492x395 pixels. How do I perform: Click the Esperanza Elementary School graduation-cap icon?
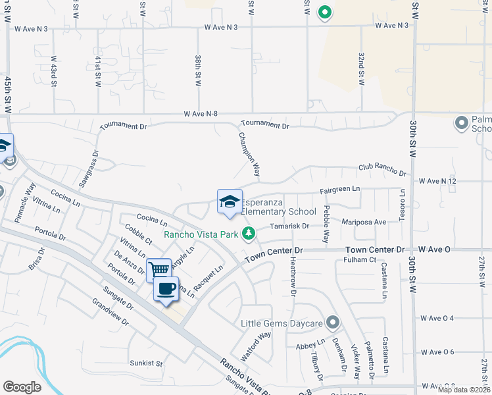(230, 201)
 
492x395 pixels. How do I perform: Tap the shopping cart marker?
(159, 270)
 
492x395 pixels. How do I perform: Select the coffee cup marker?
(166, 288)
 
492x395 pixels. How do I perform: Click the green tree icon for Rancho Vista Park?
(248, 234)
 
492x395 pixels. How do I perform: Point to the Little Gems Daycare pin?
(333, 323)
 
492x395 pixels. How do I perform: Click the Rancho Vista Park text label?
(201, 234)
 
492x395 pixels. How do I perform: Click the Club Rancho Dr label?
(382, 170)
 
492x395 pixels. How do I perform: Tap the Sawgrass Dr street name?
(92, 165)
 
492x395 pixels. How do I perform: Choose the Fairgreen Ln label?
(340, 190)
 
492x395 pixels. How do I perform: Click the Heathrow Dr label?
(287, 276)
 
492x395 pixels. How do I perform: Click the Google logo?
(22, 386)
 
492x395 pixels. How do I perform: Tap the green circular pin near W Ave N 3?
(324, 11)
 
